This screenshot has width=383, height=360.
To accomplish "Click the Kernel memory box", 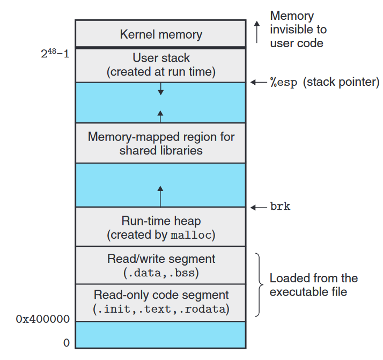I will click(160, 34).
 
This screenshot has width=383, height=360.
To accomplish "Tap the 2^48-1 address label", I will click(55, 54).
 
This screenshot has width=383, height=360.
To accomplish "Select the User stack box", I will click(160, 65).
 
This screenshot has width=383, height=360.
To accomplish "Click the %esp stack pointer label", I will click(325, 83).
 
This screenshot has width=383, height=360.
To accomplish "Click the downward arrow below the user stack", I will click(160, 90).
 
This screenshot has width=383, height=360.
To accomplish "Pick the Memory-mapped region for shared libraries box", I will click(160, 143).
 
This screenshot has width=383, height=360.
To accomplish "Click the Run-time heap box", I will click(160, 227).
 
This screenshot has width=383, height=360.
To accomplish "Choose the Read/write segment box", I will click(160, 266).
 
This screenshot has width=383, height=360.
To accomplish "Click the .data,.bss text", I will click(161, 273).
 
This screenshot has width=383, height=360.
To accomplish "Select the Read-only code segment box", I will click(160, 302).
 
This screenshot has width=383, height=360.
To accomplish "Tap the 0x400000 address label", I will click(42, 319).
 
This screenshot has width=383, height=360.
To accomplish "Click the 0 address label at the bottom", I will click(66, 343).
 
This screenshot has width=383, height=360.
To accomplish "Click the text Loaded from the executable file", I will click(313, 285).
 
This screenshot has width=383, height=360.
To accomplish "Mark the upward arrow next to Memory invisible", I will click(256, 32).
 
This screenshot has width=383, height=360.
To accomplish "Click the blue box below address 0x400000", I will click(160, 335).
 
